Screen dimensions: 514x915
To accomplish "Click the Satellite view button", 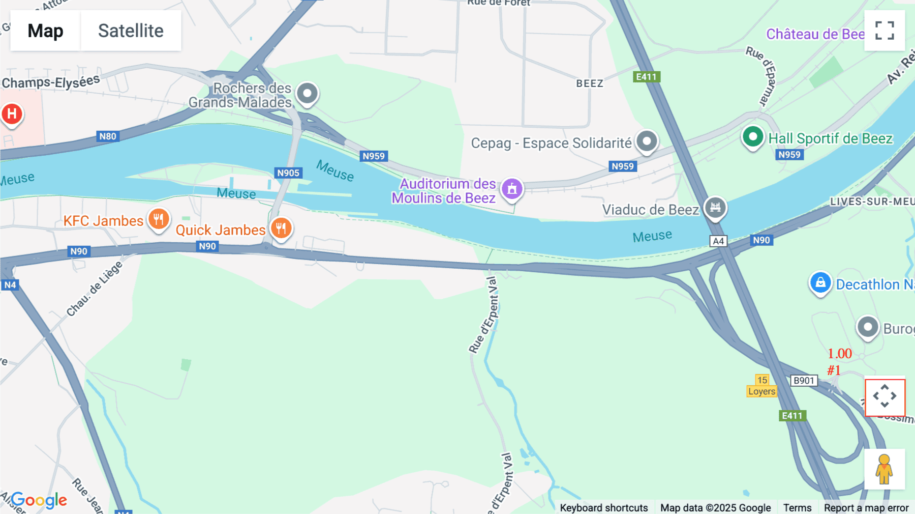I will point(131,31).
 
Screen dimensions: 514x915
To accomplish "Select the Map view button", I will point(45,31).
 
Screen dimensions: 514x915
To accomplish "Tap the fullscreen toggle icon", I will point(884,31).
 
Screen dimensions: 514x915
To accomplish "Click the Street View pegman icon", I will point(884,469).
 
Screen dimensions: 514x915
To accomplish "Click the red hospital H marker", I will point(12,114).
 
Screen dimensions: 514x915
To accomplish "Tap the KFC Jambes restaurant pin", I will point(159,220).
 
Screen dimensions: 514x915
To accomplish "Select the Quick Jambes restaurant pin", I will point(281,228).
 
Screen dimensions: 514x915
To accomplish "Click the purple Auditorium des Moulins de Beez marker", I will point(512,189).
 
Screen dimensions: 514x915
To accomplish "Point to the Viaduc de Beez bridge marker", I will point(715,208).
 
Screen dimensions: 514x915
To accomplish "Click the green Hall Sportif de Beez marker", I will point(753,137).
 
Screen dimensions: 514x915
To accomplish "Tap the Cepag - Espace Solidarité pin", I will point(647,141).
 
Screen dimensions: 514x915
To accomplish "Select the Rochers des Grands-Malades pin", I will point(307,94).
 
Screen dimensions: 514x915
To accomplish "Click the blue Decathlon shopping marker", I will point(820,283).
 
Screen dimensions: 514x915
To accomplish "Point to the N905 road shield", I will point(288,173).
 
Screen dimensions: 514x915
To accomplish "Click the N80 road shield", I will point(108,136).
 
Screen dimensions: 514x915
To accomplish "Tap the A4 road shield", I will point(718,241).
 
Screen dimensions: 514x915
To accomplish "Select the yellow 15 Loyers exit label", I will point(761,386).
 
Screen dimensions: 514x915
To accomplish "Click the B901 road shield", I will point(804,381).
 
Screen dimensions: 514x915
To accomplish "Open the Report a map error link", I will point(866,508).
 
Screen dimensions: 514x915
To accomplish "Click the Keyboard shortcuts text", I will point(604,508).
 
